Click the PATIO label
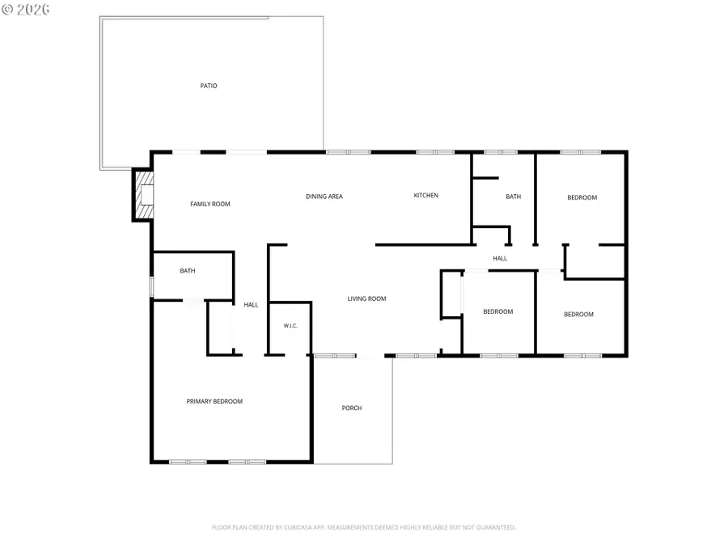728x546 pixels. point(209,86)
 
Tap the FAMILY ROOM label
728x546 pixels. point(210,204)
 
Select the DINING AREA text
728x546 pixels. point(324,197)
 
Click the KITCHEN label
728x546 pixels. point(425,196)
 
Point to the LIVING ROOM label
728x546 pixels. point(366,298)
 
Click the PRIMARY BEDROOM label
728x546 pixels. point(214,401)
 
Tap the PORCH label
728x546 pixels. point(352,408)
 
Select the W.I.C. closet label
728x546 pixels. point(290,325)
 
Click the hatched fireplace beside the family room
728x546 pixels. point(143,195)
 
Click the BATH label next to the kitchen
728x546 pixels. point(513,197)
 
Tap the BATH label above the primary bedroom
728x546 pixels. point(188,271)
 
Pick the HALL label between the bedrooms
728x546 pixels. point(500,258)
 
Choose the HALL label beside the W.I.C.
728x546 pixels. point(251,305)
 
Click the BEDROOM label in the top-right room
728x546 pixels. point(582,197)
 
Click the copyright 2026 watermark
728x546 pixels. point(26,9)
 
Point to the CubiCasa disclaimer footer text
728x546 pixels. point(363,527)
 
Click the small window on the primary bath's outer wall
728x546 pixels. point(151,286)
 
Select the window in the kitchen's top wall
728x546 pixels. point(435,152)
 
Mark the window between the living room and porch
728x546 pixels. point(335,356)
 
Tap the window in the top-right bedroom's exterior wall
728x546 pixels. point(580,152)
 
